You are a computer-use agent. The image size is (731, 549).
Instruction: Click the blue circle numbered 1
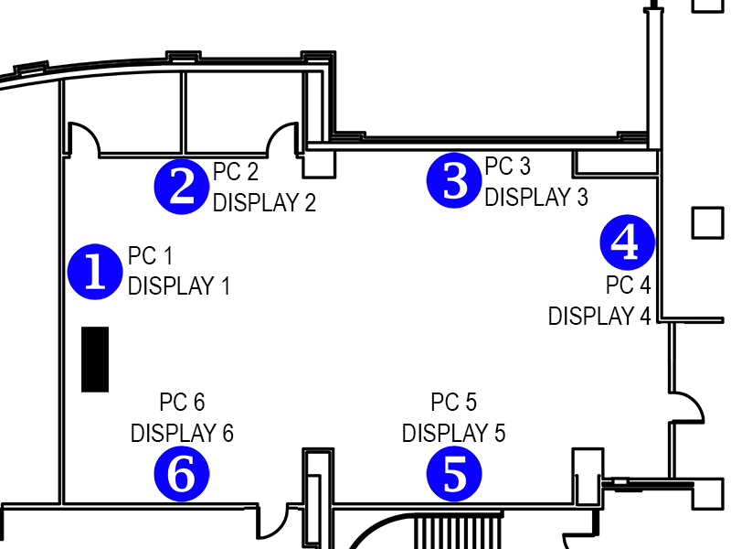click(x=95, y=272)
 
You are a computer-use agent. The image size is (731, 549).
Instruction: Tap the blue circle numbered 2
click(x=183, y=187)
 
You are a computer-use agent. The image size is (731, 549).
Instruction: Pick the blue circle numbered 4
click(x=627, y=242)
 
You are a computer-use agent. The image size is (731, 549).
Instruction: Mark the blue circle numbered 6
click(x=182, y=474)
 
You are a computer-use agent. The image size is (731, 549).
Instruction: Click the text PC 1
click(x=151, y=256)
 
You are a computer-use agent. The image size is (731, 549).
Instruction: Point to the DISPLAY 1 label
click(x=179, y=285)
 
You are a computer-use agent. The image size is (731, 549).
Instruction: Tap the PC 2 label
click(x=236, y=171)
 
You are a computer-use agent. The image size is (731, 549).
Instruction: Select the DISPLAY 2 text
click(x=264, y=202)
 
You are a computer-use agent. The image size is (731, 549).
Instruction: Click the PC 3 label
click(x=507, y=166)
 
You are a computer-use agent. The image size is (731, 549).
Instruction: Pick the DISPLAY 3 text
click(x=536, y=196)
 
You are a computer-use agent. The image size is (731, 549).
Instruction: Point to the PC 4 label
click(x=629, y=285)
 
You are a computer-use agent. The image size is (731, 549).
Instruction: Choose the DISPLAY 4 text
click(x=599, y=316)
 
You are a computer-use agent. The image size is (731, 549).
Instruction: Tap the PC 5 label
click(x=454, y=402)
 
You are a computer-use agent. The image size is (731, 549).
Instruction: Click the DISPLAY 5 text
click(x=454, y=432)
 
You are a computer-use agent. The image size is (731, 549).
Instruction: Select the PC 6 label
click(x=182, y=402)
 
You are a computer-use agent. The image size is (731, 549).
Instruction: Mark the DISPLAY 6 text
click(x=182, y=432)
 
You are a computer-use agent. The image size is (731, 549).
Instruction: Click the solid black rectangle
click(x=95, y=359)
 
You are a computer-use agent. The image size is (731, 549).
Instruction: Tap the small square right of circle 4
click(x=708, y=222)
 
